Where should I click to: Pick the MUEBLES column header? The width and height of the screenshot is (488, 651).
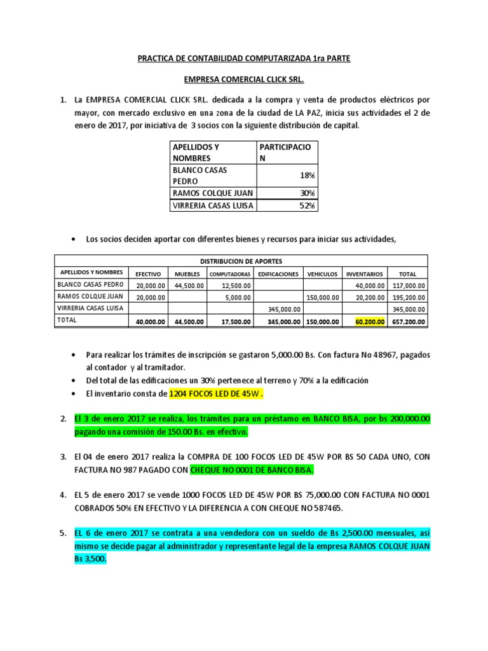(x=187, y=273)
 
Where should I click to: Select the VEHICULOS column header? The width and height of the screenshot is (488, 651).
(x=322, y=273)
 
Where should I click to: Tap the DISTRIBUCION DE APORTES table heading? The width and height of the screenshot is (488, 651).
(x=241, y=261)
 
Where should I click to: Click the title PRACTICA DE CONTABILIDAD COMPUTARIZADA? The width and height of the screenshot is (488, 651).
(x=244, y=58)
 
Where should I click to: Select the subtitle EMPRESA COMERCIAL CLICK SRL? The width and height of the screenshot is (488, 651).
(x=244, y=81)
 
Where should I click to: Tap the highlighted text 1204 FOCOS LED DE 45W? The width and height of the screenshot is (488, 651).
(x=215, y=394)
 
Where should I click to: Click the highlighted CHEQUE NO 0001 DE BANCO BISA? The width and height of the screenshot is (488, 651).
(x=261, y=470)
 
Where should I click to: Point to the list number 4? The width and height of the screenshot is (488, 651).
(x=62, y=495)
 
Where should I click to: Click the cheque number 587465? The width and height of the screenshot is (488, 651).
(x=328, y=508)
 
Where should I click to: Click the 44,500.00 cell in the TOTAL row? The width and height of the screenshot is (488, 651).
(x=187, y=322)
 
